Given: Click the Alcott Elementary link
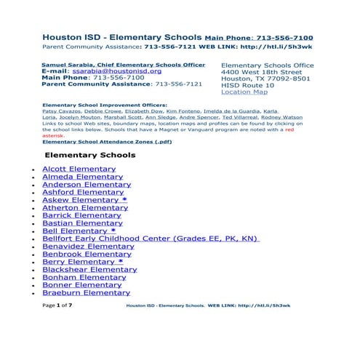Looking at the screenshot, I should coord(79,169).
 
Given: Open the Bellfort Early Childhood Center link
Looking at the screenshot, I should coord(150,239).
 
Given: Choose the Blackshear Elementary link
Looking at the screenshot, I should coord(89,270).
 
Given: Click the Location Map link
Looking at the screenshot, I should coord(244,92).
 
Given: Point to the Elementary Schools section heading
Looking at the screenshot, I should coord(90,156).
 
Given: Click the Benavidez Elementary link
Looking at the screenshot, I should coord(88,247).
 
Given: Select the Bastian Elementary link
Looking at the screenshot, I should coord(82,223).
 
